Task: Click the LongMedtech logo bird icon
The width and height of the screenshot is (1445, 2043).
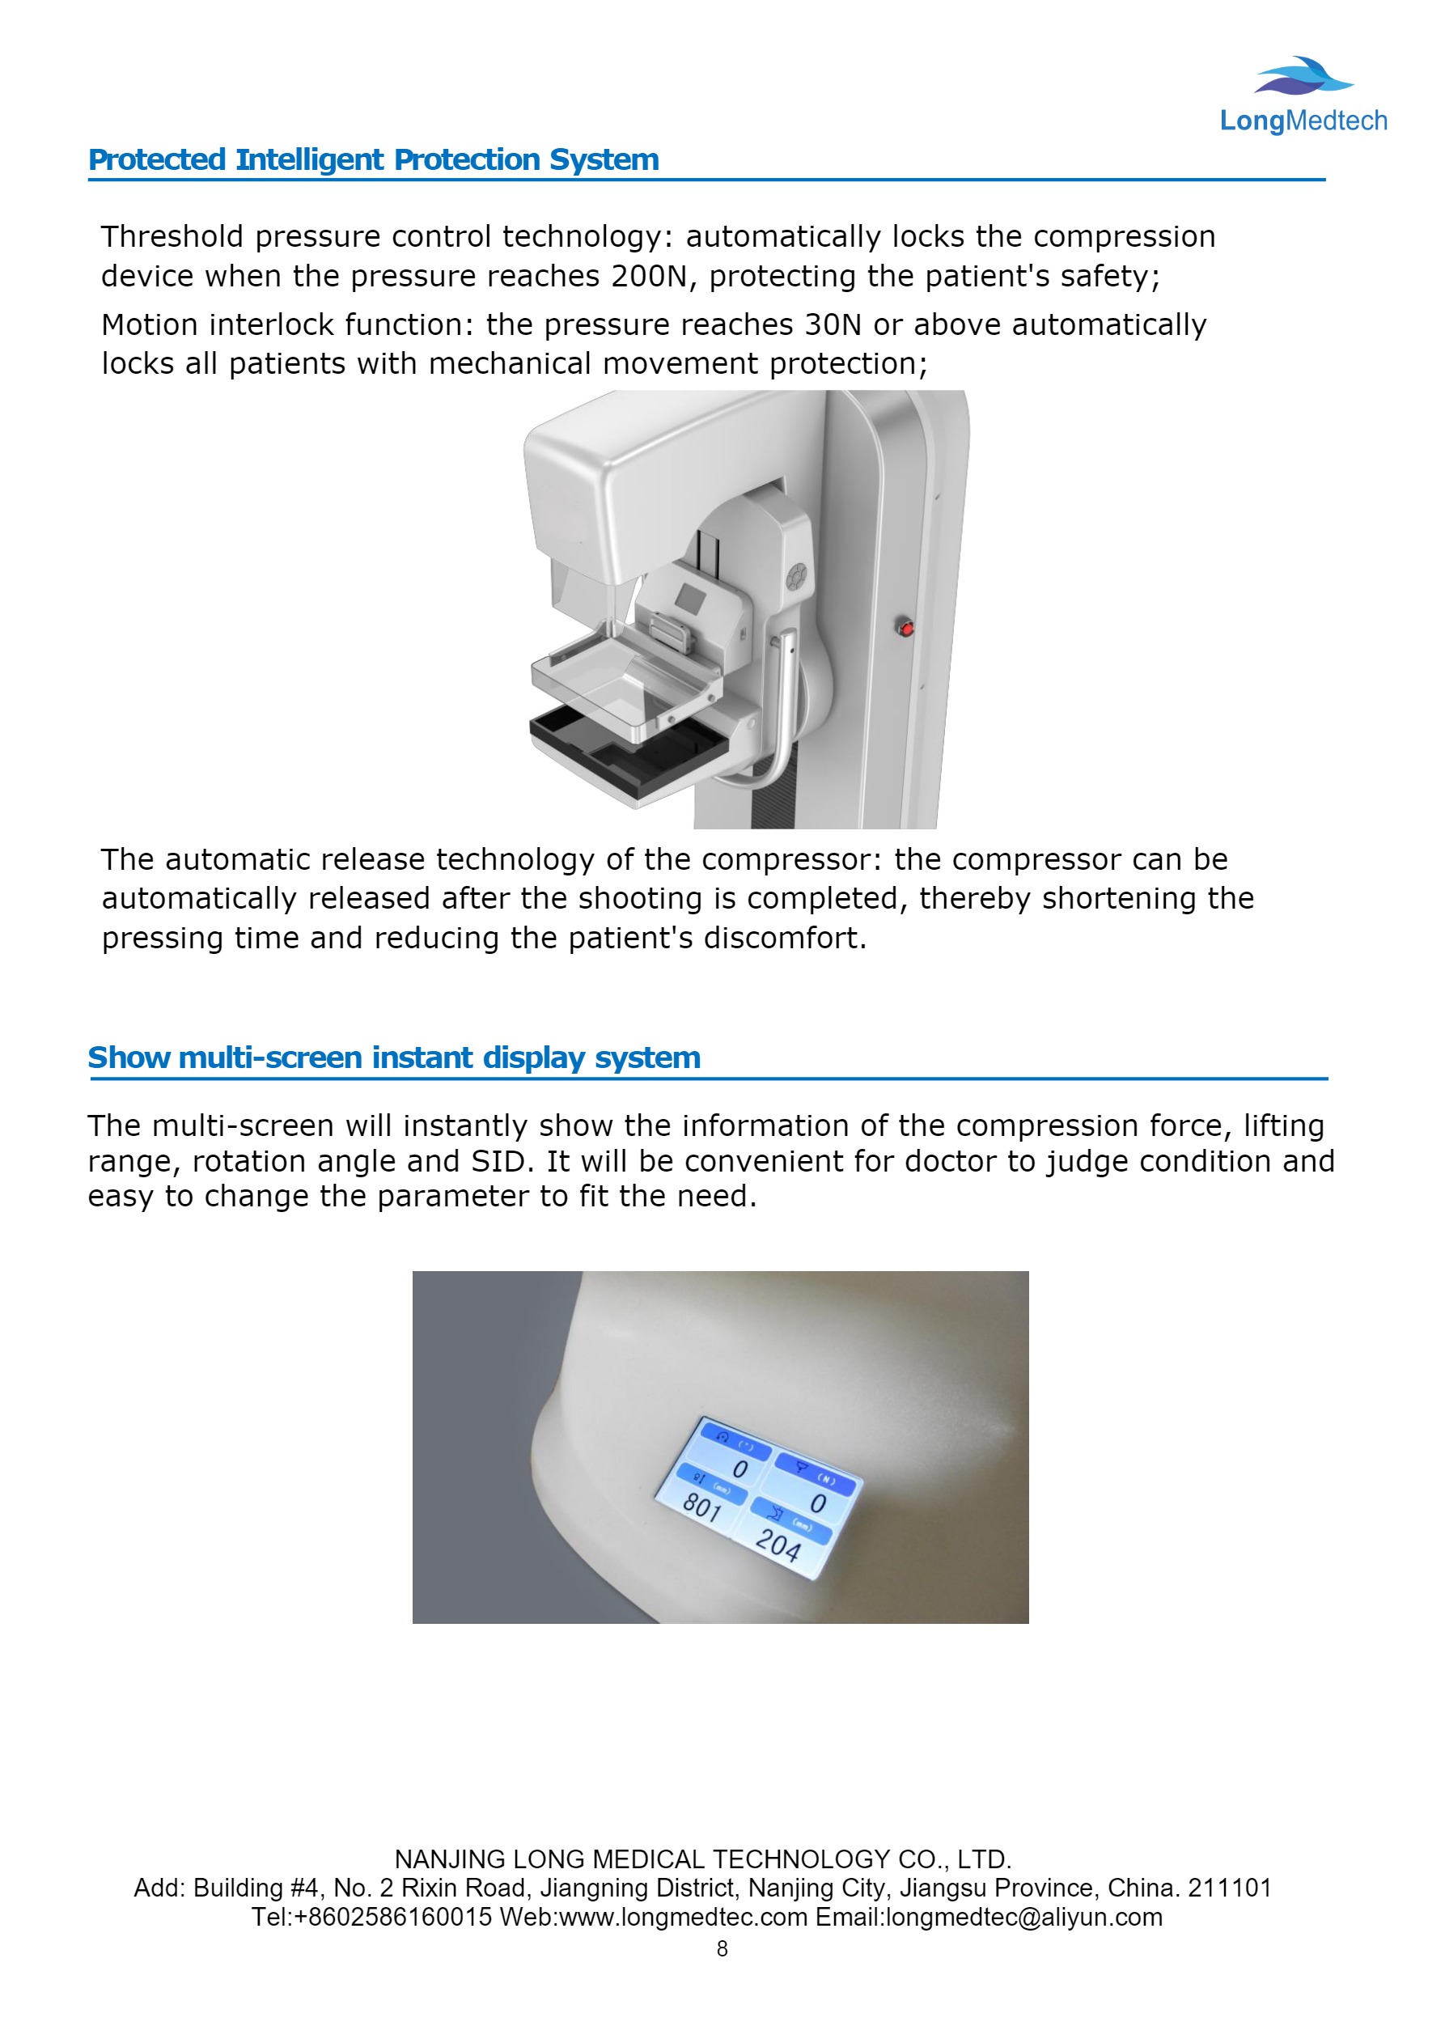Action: pos(1304,77)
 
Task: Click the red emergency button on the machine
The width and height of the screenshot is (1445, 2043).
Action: pos(906,629)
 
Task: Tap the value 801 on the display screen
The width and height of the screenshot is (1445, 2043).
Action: pos(702,1507)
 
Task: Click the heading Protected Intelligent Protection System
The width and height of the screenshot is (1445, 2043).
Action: pos(373,160)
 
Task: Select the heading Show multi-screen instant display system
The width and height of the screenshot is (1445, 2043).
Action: pos(393,1058)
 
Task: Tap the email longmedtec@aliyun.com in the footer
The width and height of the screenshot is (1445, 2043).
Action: pos(1024,1917)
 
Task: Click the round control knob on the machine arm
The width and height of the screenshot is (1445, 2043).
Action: pos(796,578)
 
